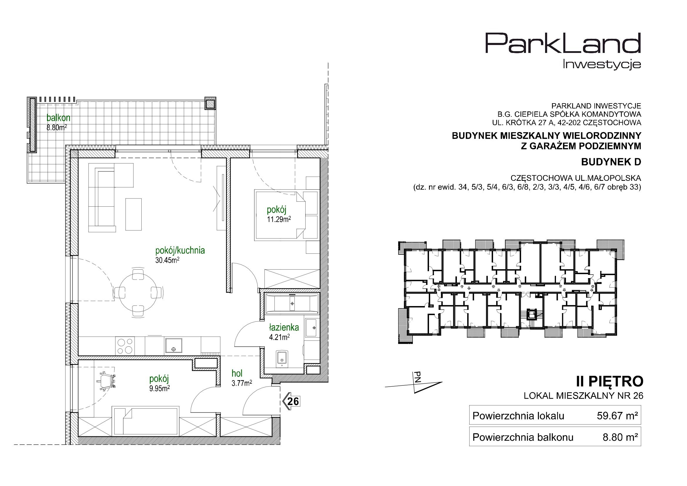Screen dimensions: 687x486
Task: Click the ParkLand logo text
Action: click(x=562, y=47)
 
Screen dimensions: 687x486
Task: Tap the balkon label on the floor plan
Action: click(x=58, y=117)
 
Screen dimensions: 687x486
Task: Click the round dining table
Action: click(x=138, y=292)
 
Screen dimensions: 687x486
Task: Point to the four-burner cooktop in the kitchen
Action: click(x=125, y=346)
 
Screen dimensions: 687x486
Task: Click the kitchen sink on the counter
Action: click(x=173, y=346)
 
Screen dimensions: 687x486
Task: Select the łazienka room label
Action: click(x=284, y=328)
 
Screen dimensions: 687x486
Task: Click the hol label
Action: click(x=237, y=373)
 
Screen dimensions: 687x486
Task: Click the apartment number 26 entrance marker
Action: click(x=291, y=401)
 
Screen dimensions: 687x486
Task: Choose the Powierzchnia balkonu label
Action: click(x=523, y=437)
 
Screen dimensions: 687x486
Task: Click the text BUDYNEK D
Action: click(x=611, y=162)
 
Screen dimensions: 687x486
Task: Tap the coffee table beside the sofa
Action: click(x=133, y=214)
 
